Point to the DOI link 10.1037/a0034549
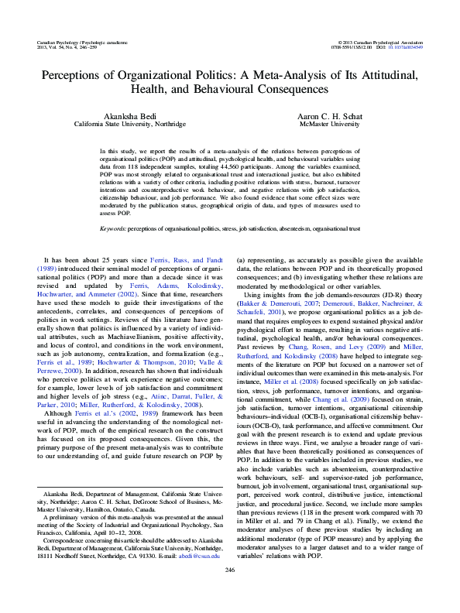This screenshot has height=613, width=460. [405, 45]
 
